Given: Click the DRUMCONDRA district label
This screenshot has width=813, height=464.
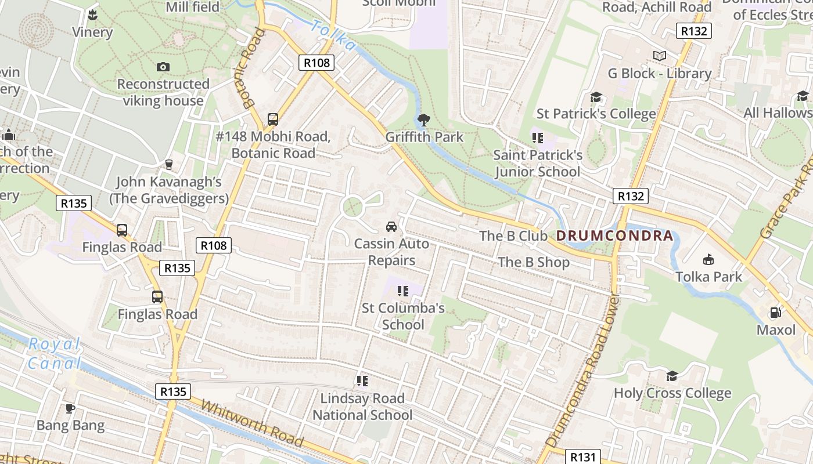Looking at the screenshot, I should [615, 236].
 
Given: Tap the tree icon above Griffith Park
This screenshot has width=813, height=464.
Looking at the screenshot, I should [424, 120].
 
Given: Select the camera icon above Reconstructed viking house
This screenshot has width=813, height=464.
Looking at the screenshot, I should [163, 67].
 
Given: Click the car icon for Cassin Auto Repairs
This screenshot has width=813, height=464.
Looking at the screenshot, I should [392, 226].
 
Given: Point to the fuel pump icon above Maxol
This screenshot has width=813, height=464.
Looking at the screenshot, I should [775, 313].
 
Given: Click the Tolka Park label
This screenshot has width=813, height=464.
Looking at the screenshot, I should [708, 277].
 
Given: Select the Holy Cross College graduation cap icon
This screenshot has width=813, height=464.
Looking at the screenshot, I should [672, 376].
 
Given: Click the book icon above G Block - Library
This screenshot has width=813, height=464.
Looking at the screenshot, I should [659, 56].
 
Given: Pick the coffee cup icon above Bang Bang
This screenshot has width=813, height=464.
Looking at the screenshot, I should [70, 408].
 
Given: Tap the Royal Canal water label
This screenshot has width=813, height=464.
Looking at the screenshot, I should [54, 354].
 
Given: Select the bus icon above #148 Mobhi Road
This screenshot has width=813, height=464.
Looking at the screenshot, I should [273, 119].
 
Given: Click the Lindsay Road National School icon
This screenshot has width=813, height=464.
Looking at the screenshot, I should [362, 381].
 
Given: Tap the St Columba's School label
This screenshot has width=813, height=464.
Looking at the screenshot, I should [403, 316].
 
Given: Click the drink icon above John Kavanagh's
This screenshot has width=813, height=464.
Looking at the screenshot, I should [169, 165].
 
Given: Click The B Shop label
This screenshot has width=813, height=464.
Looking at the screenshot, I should [534, 262].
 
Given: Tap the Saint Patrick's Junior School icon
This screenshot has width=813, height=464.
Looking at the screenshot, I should [537, 138].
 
